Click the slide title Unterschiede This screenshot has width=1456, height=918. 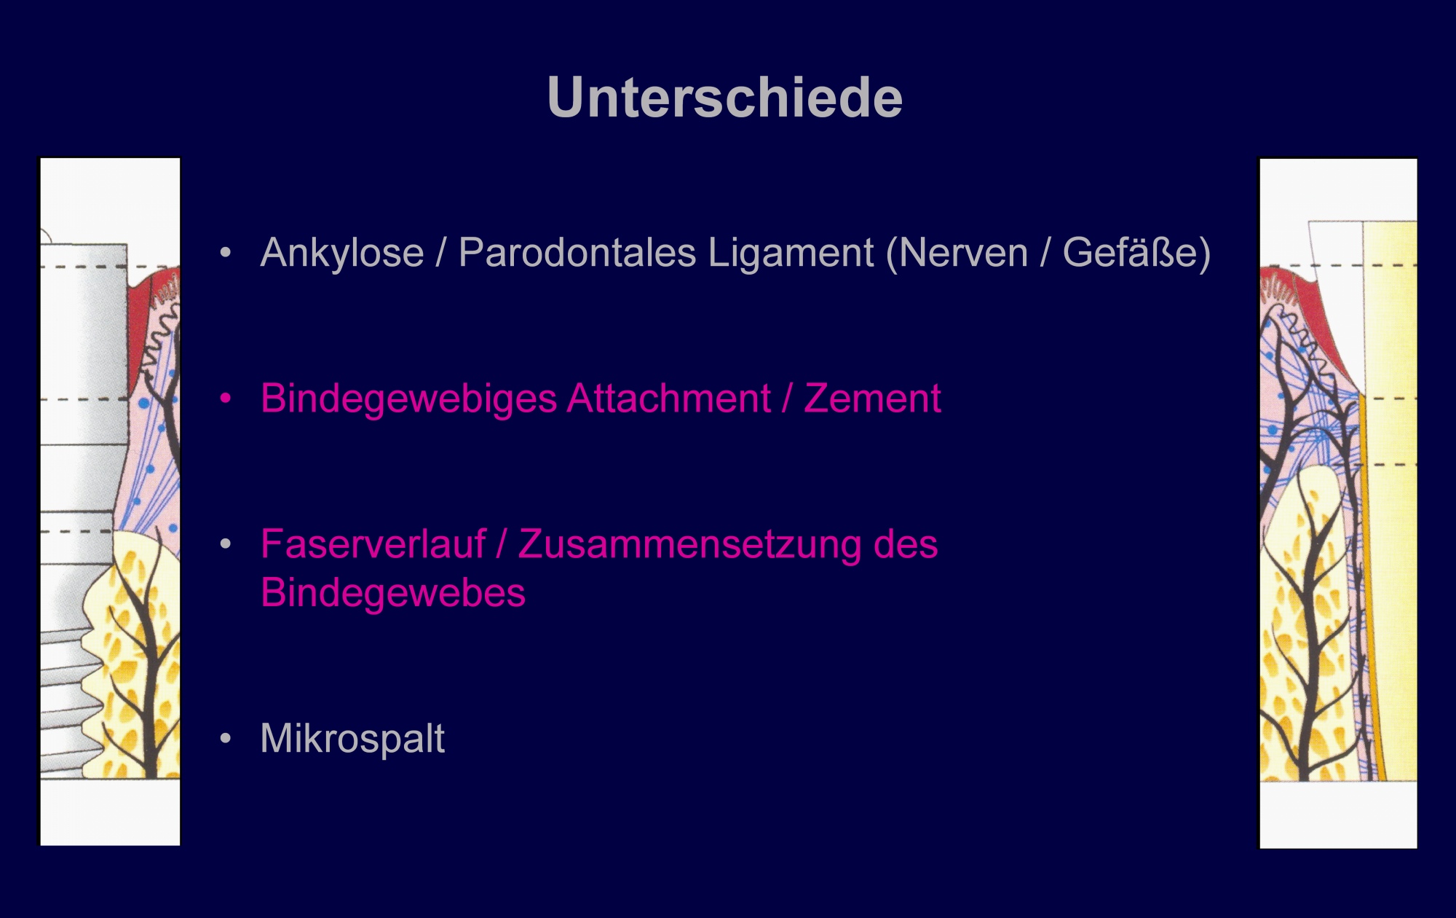pyautogui.click(x=725, y=97)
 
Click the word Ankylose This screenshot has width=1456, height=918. pyautogui.click(x=342, y=253)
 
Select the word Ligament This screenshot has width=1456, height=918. pyautogui.click(x=791, y=253)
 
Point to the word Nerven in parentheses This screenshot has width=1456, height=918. pyautogui.click(x=957, y=253)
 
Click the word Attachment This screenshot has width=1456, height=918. pyautogui.click(x=669, y=399)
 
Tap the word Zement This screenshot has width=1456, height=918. pyautogui.click(x=872, y=399)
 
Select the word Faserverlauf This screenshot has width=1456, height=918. pyautogui.click(x=373, y=544)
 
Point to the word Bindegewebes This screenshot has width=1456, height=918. pyautogui.click(x=393, y=592)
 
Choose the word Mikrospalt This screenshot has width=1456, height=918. pyautogui.click(x=352, y=739)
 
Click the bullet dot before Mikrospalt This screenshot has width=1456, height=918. pyautogui.click(x=226, y=739)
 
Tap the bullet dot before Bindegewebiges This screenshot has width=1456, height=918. pyautogui.click(x=226, y=399)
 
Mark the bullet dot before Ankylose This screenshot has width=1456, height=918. pyautogui.click(x=226, y=253)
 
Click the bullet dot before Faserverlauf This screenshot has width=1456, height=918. pyautogui.click(x=226, y=544)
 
